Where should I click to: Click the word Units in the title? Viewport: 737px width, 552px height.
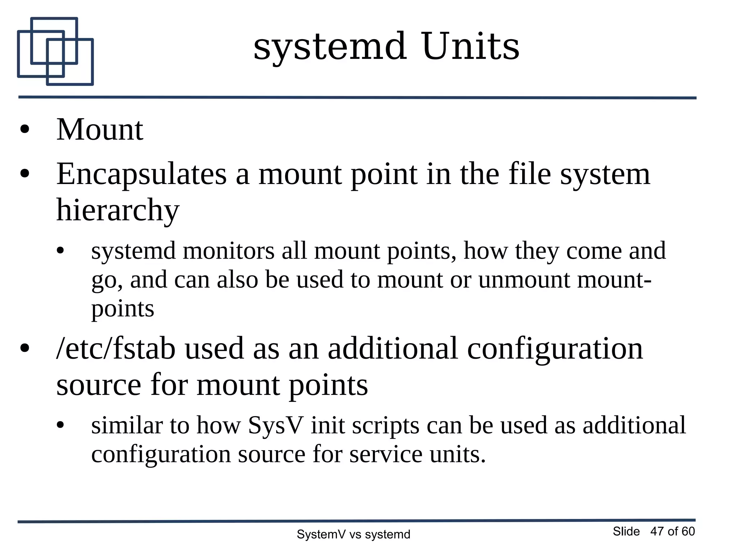[x=471, y=47]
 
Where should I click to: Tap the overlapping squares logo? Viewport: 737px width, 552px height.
[x=55, y=51]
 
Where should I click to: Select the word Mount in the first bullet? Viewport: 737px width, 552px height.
[x=100, y=130]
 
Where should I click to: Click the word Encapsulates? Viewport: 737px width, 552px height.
[x=141, y=175]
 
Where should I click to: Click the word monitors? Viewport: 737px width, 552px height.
[x=229, y=251]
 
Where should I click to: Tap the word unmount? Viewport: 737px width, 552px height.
[x=524, y=280]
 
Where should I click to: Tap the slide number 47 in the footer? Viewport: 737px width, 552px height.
[x=657, y=532]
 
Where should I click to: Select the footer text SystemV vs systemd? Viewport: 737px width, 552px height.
[x=353, y=535]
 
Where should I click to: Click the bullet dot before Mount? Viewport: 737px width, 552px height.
[x=24, y=130]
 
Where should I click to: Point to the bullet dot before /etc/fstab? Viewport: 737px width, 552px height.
[x=24, y=348]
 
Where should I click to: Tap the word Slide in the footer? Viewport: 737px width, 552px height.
[x=626, y=532]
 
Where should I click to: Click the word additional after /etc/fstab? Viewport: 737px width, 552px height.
[x=393, y=349]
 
